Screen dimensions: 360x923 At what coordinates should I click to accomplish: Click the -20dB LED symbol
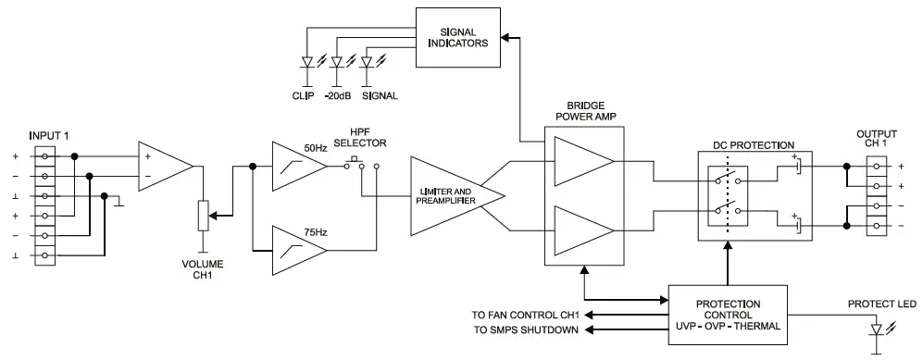[337, 63]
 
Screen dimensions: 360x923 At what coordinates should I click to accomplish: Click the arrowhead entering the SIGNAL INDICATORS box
[503, 37]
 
